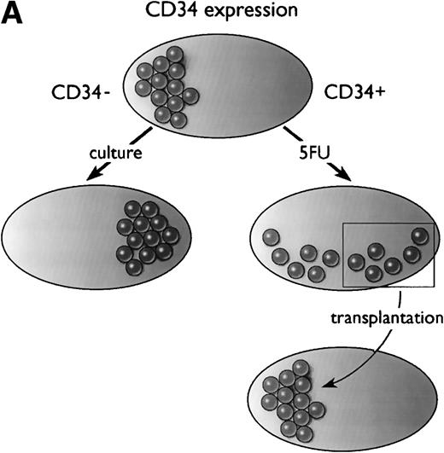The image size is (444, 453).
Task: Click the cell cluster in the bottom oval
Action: click(x=288, y=392)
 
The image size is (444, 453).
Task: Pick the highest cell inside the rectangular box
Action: click(x=419, y=235)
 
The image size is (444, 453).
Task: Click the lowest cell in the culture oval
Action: click(x=133, y=267)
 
